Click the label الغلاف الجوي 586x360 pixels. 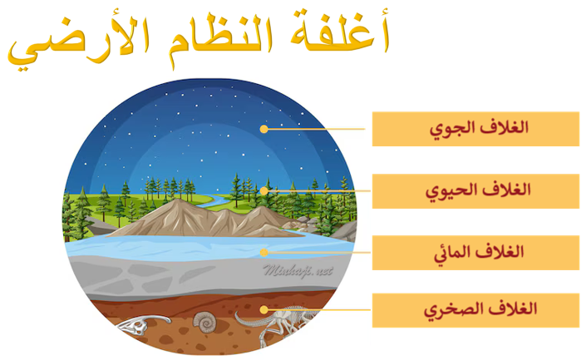click(x=475, y=129)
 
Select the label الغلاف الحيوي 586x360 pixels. click(x=475, y=190)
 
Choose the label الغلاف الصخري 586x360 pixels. click(x=475, y=309)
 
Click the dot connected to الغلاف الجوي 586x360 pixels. click(x=263, y=129)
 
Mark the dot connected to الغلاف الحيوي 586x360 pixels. click(x=263, y=190)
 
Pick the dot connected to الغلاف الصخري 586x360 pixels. click(x=263, y=309)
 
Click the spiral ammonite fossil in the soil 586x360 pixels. click(x=203, y=320)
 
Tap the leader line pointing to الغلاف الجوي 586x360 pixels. click(x=316, y=129)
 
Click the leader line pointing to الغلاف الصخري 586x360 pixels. click(x=316, y=309)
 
